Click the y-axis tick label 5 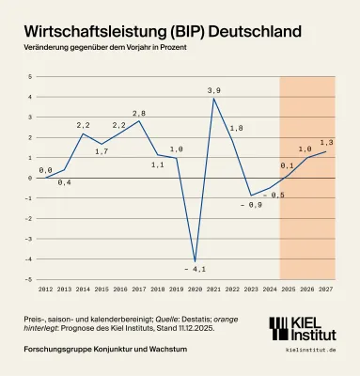[31, 76]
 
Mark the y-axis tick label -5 [29, 280]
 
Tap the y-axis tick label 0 [31, 178]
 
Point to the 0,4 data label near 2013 [65, 181]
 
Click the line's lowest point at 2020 [195, 260]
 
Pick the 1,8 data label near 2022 [237, 127]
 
